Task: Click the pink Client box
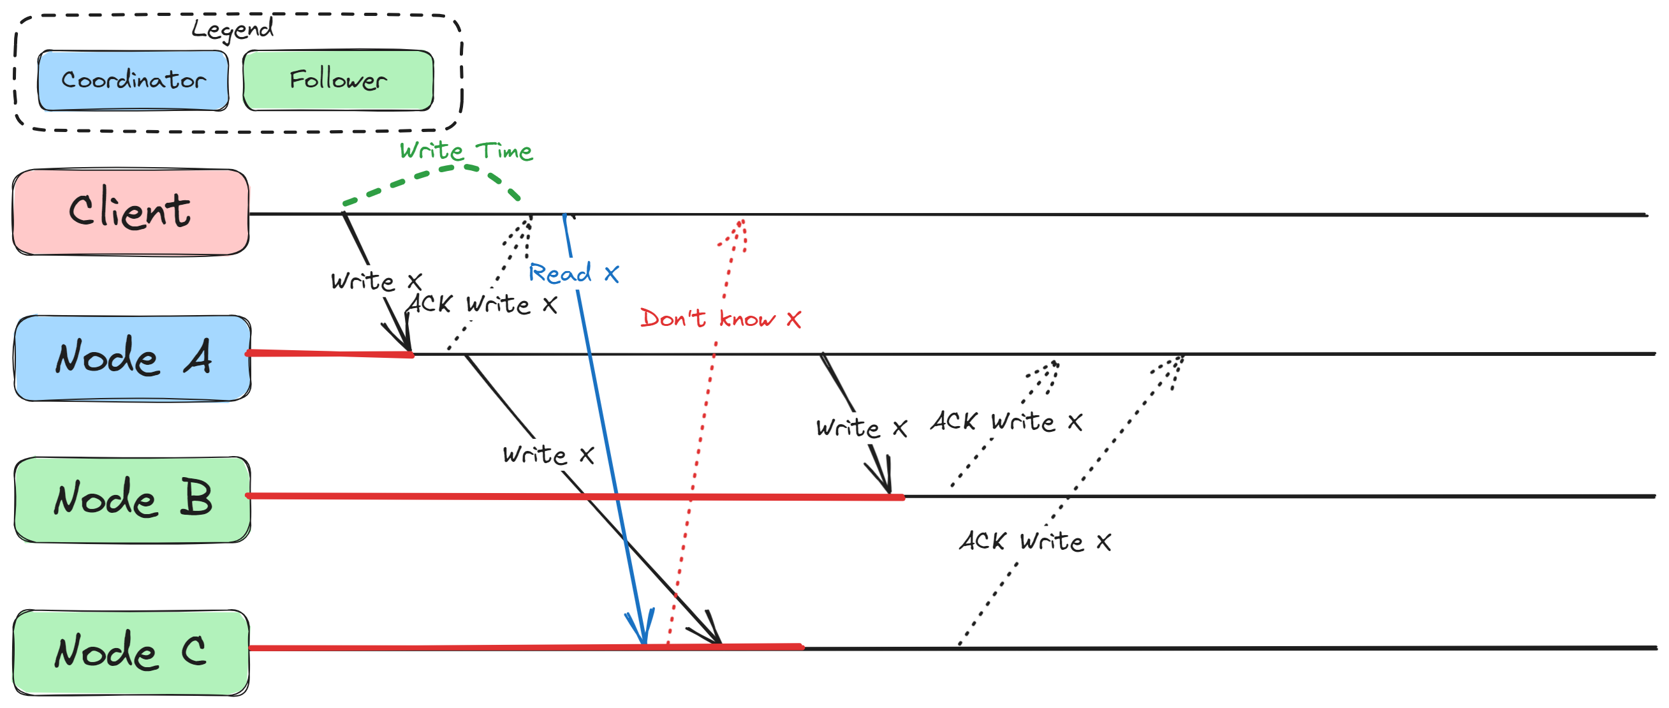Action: coord(130,212)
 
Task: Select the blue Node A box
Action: coord(132,358)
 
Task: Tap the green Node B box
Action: coord(132,499)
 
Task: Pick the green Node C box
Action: coord(131,652)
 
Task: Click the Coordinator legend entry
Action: coord(133,80)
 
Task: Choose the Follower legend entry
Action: coord(337,80)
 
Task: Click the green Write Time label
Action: coord(466,151)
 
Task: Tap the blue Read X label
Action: coord(573,274)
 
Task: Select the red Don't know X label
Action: coord(720,319)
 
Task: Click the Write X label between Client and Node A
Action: coord(376,281)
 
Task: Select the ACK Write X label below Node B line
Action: coord(1034,541)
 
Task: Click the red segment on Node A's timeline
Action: coord(329,353)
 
